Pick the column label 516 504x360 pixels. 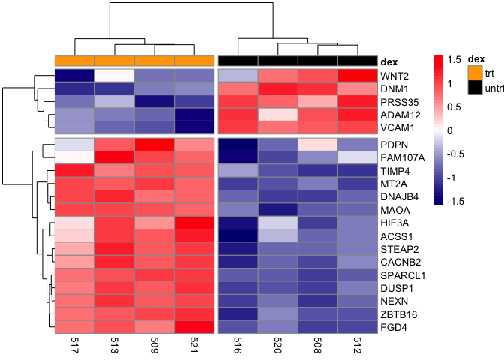coord(238,343)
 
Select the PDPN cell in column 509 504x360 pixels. coord(154,144)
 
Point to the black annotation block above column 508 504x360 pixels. coord(318,60)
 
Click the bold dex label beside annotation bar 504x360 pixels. coord(389,61)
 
